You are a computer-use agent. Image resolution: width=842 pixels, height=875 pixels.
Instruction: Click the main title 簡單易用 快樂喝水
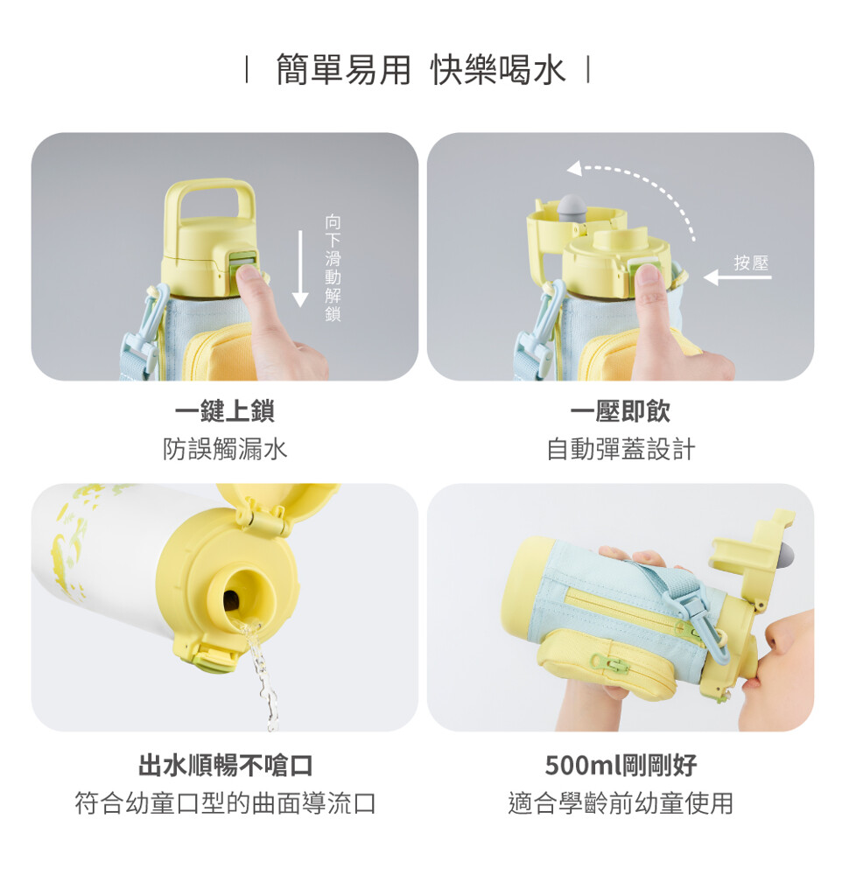[421, 70]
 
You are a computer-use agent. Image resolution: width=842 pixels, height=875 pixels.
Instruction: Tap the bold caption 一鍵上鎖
[224, 412]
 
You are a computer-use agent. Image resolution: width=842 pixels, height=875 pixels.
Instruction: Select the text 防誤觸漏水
[225, 449]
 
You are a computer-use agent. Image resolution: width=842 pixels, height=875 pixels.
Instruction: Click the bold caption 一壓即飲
[621, 412]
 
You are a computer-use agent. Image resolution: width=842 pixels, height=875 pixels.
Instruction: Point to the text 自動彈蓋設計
[621, 449]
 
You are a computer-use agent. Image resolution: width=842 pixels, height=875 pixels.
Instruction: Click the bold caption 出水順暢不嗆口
[225, 765]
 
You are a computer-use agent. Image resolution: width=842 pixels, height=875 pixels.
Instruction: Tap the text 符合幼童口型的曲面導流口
[225, 803]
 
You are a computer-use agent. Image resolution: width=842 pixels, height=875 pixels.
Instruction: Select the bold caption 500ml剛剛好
[621, 765]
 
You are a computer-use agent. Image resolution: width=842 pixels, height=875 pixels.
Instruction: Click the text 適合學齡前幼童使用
[621, 803]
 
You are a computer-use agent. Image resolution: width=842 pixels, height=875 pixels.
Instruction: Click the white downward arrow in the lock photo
[300, 269]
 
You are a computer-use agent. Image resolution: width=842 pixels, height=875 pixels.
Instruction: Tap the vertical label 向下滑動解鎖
[333, 268]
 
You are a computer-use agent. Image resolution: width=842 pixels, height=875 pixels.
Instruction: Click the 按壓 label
[751, 262]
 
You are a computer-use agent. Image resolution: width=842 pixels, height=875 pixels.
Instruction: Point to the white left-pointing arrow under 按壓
[737, 276]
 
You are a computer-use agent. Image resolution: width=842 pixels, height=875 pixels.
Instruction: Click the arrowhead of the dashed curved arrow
[574, 168]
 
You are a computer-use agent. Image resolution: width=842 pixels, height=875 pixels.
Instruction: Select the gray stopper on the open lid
[572, 207]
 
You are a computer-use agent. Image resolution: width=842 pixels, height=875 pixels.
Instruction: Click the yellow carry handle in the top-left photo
[209, 202]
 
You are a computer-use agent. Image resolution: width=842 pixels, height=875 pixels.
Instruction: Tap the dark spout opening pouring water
[231, 600]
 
